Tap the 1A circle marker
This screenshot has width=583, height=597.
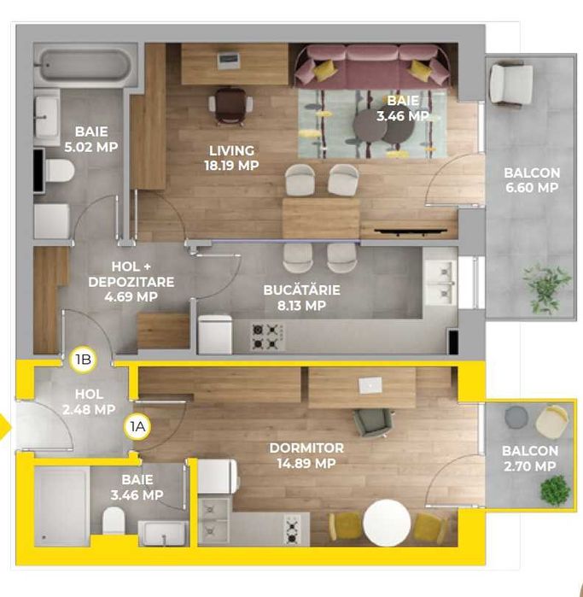coord(137,424)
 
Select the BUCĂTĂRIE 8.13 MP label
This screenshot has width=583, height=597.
coord(301,297)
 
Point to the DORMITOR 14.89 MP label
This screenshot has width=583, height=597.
coord(306,455)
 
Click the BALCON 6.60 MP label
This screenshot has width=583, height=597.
coord(531,180)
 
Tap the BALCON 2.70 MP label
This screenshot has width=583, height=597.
coord(529,458)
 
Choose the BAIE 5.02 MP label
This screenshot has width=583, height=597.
coord(90,139)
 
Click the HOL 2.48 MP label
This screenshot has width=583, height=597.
coord(89,401)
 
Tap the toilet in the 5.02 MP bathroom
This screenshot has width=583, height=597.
coord(59,173)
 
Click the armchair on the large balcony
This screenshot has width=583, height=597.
coord(510,85)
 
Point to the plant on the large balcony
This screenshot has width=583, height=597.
coord(546,285)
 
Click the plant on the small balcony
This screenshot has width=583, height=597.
coord(555,490)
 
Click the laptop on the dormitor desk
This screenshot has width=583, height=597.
coord(370,385)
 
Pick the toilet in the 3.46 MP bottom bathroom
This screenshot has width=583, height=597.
coord(114,519)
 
